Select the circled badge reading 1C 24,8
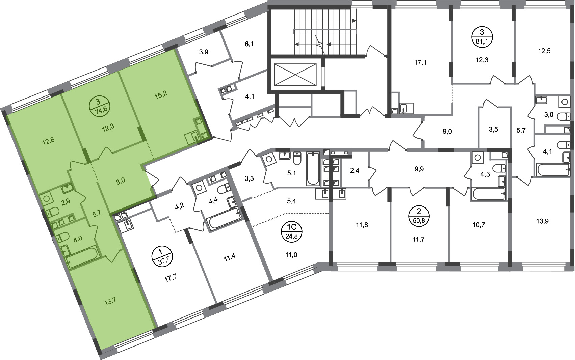(x=291, y=232)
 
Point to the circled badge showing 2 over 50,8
(x=419, y=216)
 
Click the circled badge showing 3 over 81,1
(x=482, y=37)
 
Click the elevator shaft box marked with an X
(x=295, y=75)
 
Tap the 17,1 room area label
(x=420, y=62)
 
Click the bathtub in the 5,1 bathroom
(x=313, y=169)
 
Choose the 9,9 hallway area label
(x=419, y=169)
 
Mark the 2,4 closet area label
(x=355, y=171)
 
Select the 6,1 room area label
(x=249, y=44)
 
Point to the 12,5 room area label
(x=544, y=51)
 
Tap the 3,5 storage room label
(x=493, y=129)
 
